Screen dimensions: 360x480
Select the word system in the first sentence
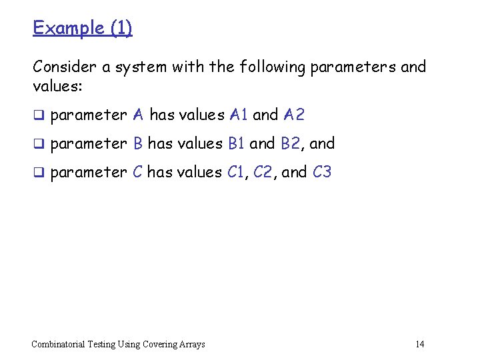(142, 67)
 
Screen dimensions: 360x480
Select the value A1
(238, 115)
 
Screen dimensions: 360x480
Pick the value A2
(293, 115)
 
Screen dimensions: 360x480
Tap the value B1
(236, 143)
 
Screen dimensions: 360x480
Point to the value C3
(322, 172)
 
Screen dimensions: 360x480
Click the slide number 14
(419, 344)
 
